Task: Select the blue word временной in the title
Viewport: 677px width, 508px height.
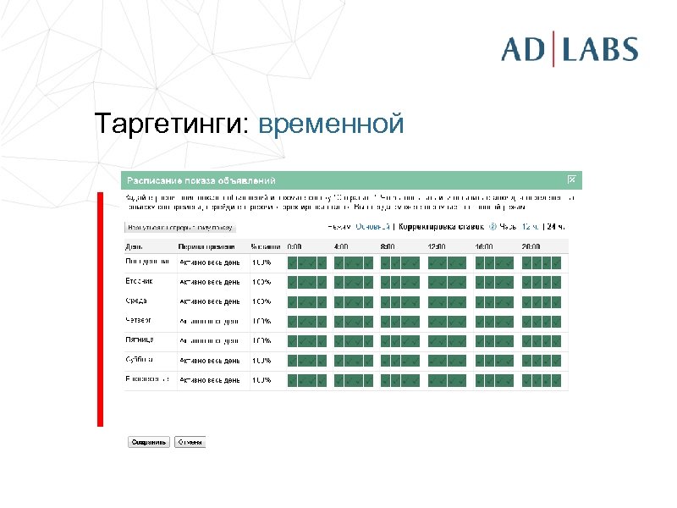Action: [332, 124]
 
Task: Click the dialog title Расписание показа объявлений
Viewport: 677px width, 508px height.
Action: [201, 180]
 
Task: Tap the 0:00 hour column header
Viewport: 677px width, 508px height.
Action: [294, 246]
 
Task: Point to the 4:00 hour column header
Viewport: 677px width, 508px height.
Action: [342, 246]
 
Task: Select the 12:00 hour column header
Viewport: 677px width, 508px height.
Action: [437, 246]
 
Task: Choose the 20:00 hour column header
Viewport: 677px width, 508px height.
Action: [531, 246]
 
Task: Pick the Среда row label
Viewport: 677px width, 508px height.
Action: [138, 301]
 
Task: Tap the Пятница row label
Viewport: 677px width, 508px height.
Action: [140, 340]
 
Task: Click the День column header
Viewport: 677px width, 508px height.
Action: [134, 246]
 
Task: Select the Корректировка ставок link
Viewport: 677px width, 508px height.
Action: [442, 227]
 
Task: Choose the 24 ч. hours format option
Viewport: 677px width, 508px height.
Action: [555, 227]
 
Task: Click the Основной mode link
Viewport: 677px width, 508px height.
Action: [373, 227]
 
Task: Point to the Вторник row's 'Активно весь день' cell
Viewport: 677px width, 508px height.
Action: [209, 282]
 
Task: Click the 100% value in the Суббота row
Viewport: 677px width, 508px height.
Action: [261, 360]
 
